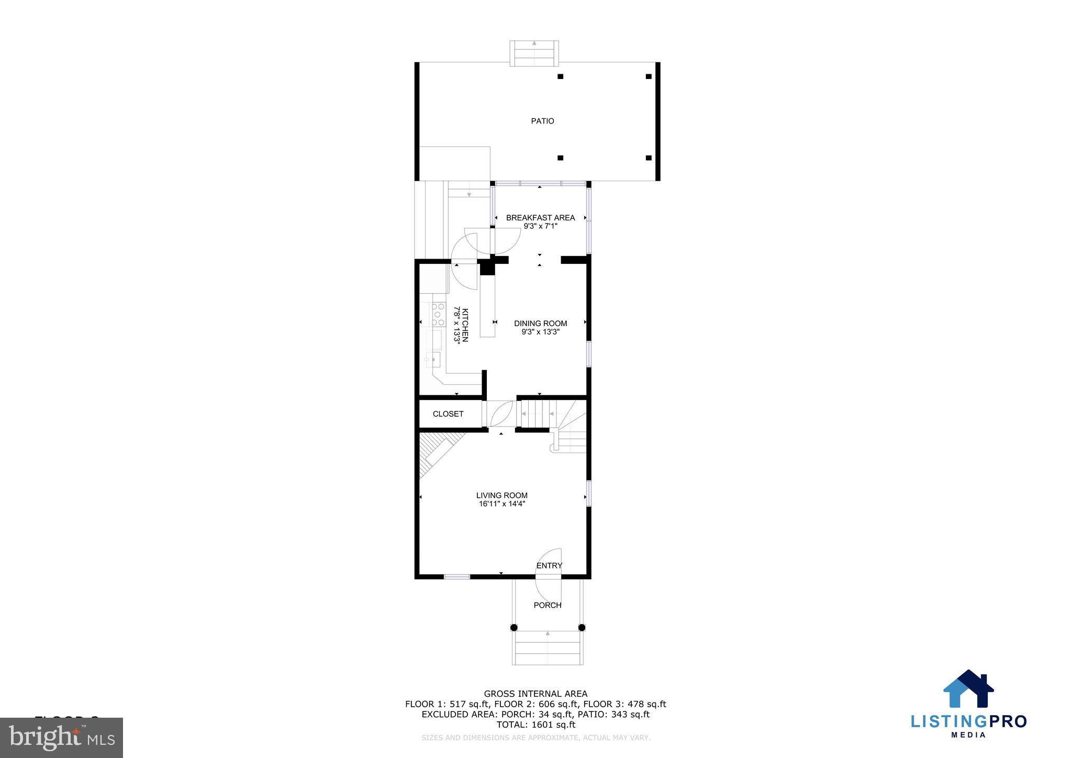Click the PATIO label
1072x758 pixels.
(x=542, y=121)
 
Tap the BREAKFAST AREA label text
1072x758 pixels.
(x=540, y=218)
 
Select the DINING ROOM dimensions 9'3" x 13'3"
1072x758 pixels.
(x=540, y=332)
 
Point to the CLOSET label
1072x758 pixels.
(x=448, y=414)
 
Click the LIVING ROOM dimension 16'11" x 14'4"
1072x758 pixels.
(x=501, y=504)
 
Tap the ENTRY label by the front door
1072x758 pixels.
(x=549, y=565)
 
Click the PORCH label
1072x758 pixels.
(x=548, y=605)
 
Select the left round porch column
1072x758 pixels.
(x=514, y=627)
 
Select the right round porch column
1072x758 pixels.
(x=582, y=627)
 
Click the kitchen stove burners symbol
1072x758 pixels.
(x=438, y=314)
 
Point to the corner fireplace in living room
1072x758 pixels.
(x=437, y=451)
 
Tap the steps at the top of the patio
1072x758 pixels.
(x=534, y=53)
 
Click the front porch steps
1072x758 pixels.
(x=548, y=648)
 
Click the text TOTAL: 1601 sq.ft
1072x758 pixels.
(x=535, y=725)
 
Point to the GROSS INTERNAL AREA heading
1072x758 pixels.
(x=535, y=694)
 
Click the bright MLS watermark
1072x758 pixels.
(x=62, y=738)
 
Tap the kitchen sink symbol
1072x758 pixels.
(x=434, y=360)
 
